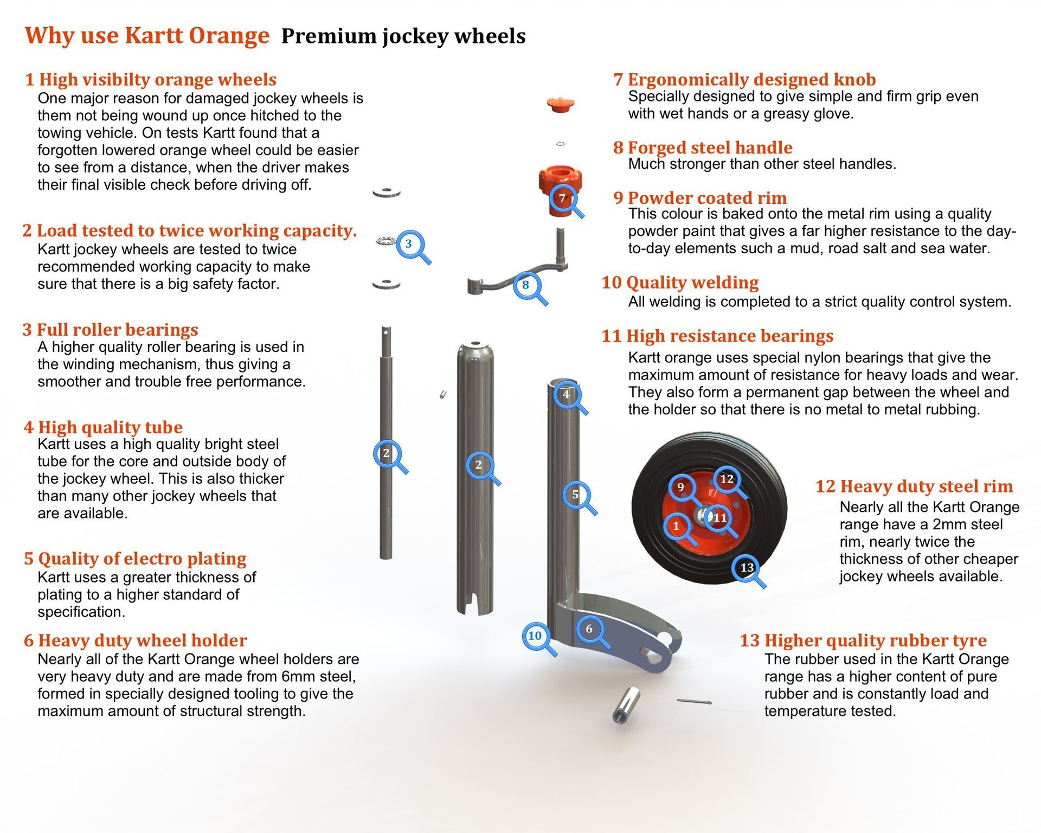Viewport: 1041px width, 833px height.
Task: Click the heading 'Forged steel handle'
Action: click(x=710, y=148)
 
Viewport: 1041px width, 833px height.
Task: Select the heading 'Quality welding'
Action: click(x=692, y=283)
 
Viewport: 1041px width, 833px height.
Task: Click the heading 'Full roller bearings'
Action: click(x=117, y=330)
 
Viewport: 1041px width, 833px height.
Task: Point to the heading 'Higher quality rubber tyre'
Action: click(x=875, y=640)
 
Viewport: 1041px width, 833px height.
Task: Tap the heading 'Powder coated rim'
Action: click(x=707, y=198)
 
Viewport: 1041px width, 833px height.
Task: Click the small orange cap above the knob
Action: click(x=560, y=104)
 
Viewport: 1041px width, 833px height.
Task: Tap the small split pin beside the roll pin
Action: click(x=694, y=702)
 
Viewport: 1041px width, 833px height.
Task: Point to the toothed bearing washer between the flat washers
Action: click(x=387, y=240)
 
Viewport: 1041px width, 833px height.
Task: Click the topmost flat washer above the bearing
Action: click(x=387, y=192)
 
